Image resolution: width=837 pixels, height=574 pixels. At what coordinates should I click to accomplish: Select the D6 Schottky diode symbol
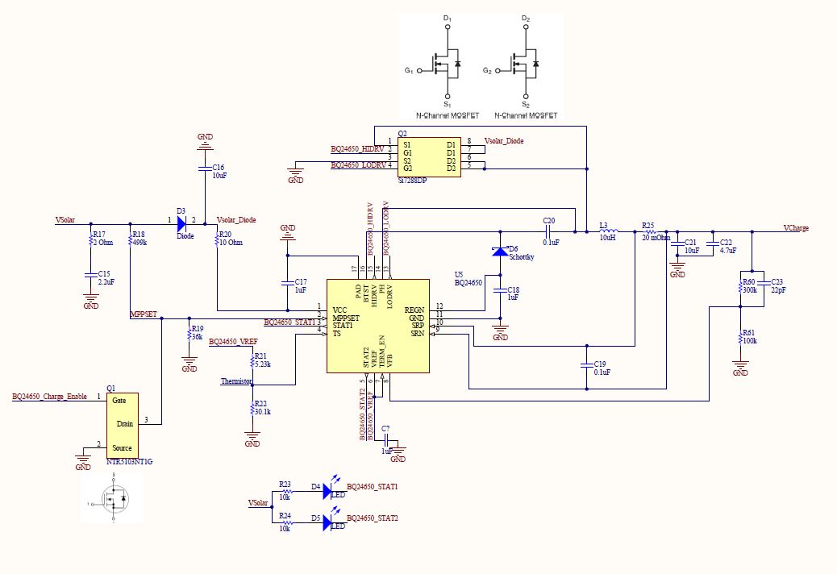coord(500,252)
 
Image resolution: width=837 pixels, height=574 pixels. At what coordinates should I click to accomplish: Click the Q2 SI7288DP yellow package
coord(427,155)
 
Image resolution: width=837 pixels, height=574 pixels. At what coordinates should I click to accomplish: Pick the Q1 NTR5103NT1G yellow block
coord(122,425)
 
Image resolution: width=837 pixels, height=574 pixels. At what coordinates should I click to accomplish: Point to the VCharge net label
coord(796,228)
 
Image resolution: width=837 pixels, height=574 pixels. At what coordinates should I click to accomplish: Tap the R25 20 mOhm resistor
coord(649,231)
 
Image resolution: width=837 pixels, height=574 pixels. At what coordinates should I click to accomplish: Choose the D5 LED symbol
coord(327,522)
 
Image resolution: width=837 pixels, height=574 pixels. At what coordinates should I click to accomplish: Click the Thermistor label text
coord(237,381)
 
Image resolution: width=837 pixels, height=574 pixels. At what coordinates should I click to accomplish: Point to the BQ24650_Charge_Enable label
coord(48,397)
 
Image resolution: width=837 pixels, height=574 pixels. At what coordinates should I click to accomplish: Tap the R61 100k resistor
coord(739,336)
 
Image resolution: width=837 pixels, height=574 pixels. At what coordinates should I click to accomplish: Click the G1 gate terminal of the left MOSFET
coord(419,71)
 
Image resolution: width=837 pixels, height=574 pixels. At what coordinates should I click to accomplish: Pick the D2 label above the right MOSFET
coord(526,18)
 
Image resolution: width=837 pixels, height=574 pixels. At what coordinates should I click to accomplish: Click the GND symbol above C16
coord(205,142)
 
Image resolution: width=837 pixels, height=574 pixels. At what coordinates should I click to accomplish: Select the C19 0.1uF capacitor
coord(585,367)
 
